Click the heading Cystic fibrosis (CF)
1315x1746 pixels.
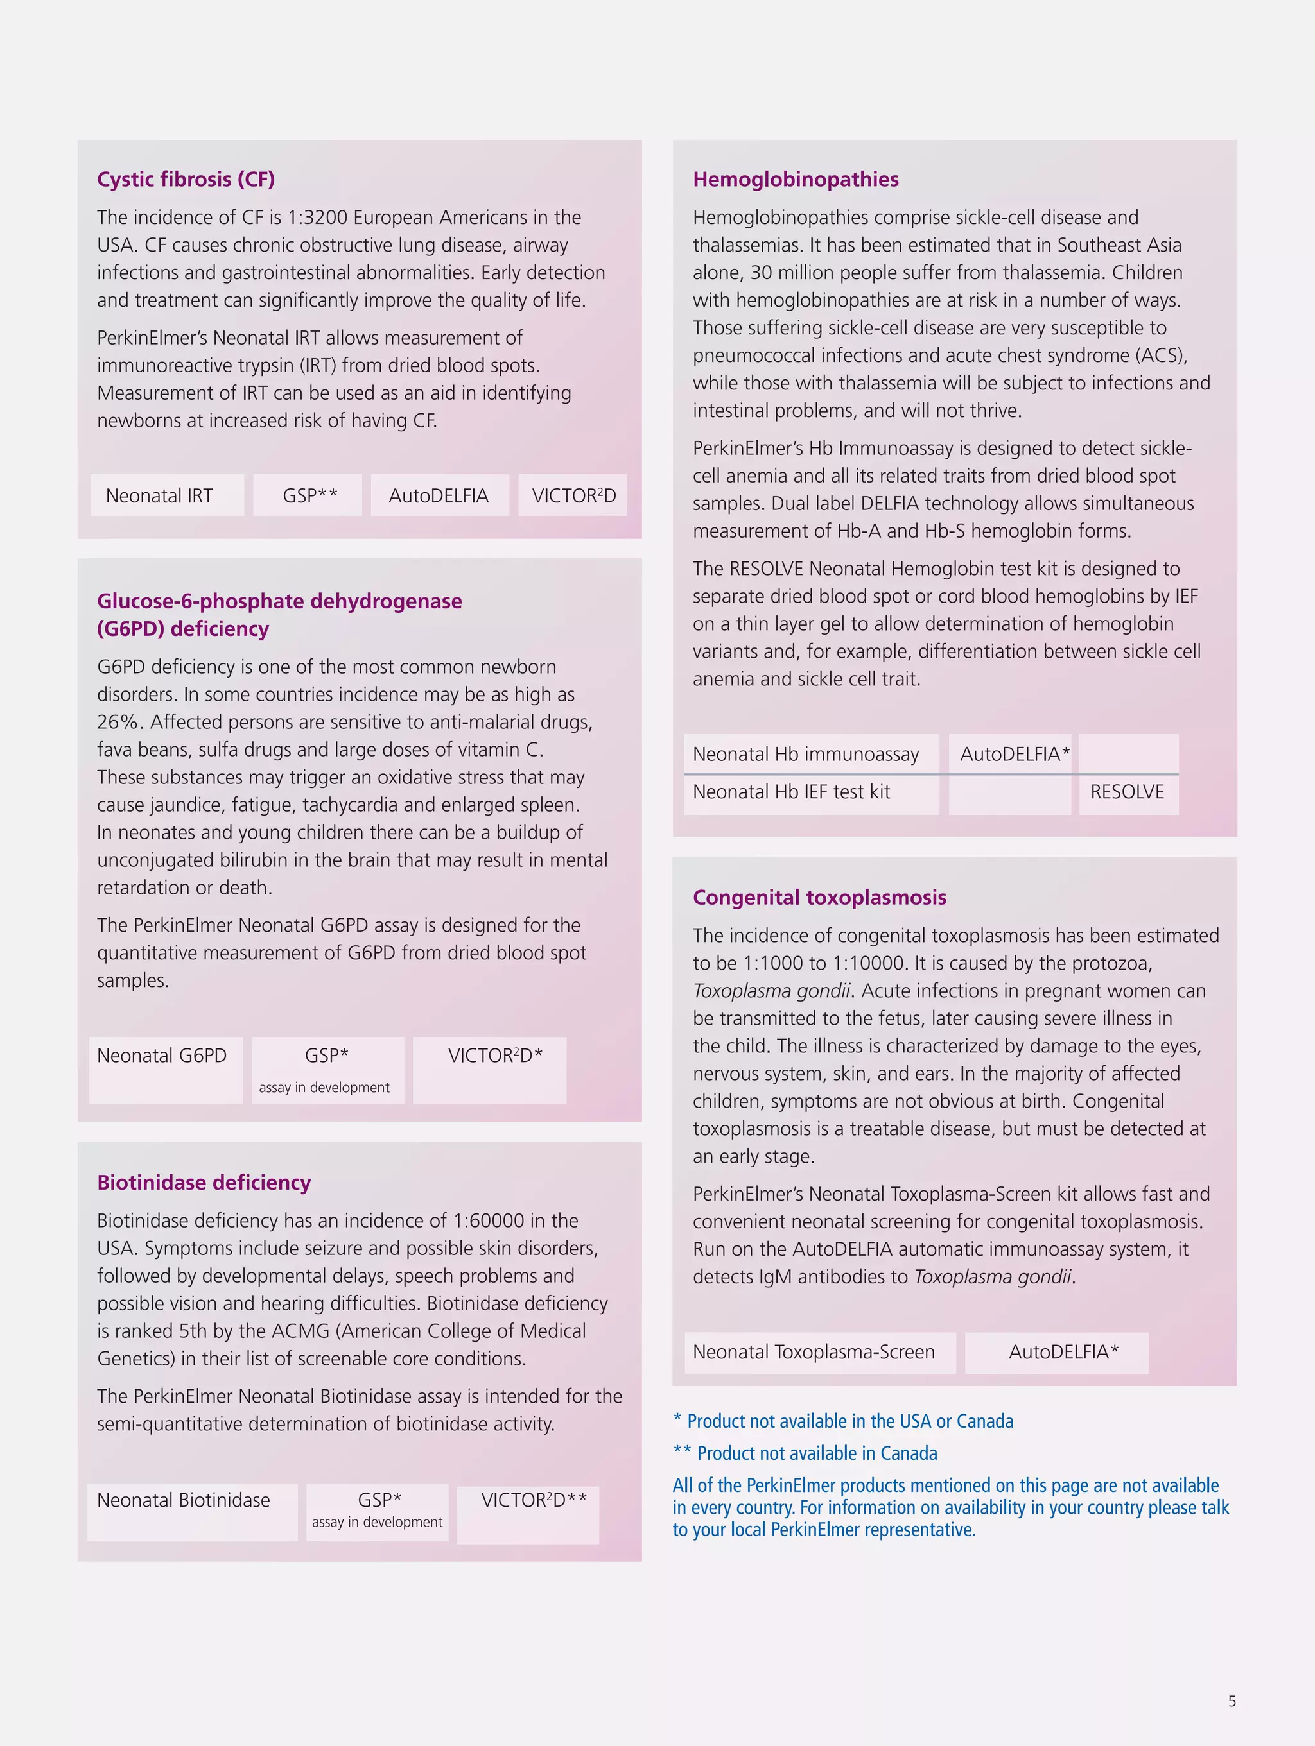[186, 179]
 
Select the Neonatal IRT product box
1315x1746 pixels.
[167, 496]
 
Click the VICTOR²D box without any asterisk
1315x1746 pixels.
[573, 496]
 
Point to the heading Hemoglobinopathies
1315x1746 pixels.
[796, 179]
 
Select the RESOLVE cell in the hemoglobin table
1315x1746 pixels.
[1127, 792]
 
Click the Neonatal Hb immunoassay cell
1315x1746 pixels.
[806, 754]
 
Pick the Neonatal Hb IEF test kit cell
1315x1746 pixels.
[791, 792]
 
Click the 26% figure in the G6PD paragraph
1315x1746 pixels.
[119, 723]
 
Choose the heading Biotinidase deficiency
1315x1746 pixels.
[204, 1183]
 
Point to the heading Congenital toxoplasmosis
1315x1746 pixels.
[819, 898]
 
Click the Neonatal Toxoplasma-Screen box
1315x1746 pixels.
[814, 1352]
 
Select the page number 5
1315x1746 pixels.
[1232, 1701]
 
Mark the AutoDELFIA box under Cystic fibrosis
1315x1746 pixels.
[439, 496]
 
